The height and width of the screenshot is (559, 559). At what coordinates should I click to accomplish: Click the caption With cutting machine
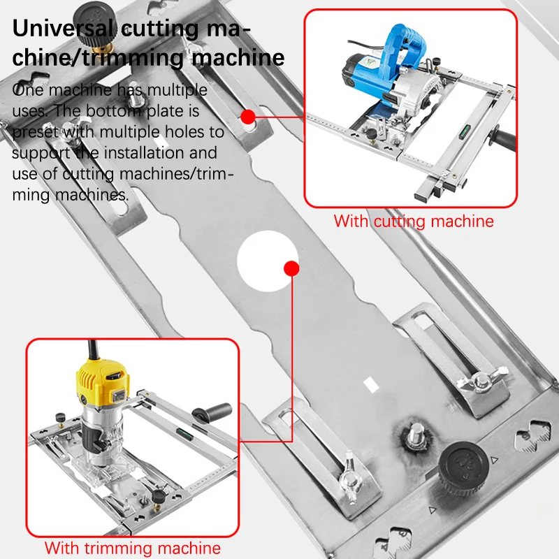coord(414,222)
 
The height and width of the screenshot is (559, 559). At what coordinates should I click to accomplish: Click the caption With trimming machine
coord(133,547)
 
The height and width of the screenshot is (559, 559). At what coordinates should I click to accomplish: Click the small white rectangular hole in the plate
coord(370,384)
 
